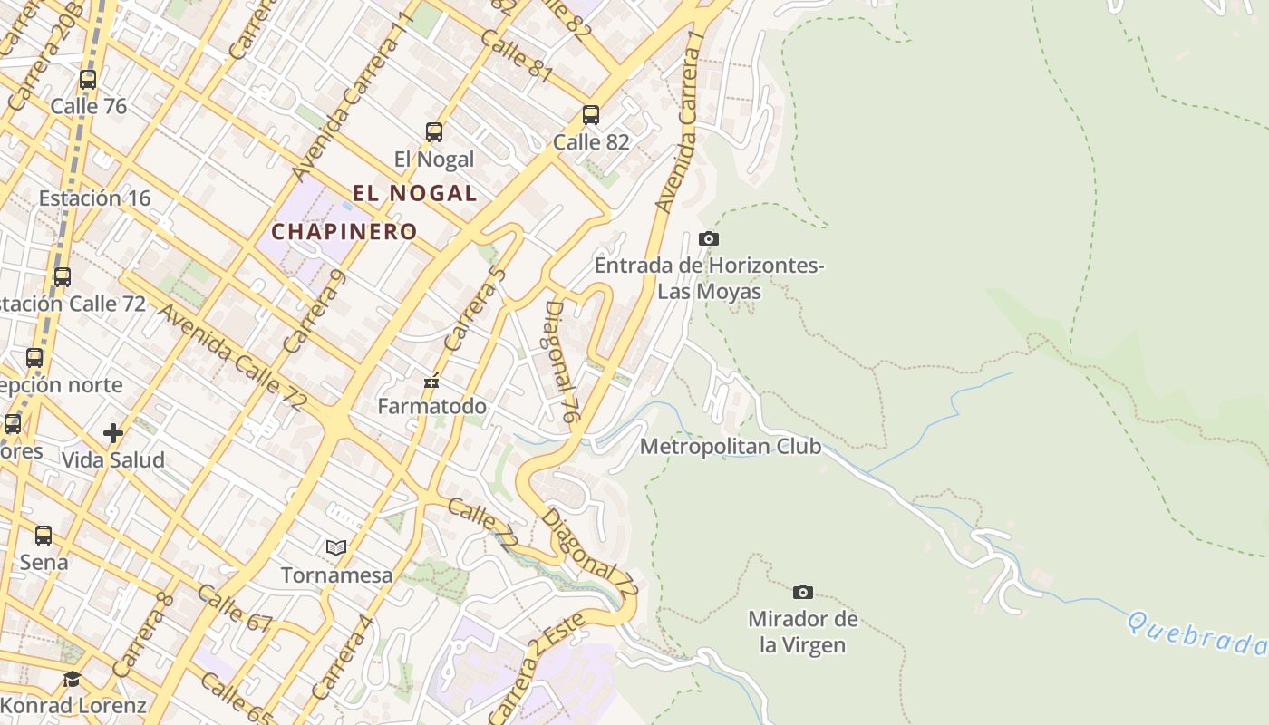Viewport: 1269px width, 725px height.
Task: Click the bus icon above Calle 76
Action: tap(88, 80)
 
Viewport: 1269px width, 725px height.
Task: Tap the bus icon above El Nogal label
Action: tap(434, 132)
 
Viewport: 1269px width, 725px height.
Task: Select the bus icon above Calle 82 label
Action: tap(591, 115)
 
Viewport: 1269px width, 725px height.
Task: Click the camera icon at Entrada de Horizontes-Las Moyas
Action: tap(709, 239)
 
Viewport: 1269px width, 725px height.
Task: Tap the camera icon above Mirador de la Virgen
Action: tap(802, 593)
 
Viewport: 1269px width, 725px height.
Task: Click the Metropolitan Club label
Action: tap(730, 447)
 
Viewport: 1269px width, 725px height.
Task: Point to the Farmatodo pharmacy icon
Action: tap(431, 381)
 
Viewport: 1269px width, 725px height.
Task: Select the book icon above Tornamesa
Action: tap(336, 547)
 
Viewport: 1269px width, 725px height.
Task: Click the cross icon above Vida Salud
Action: tap(113, 433)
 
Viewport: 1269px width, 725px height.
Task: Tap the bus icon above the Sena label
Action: tap(44, 536)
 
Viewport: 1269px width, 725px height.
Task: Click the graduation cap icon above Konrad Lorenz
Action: tap(72, 680)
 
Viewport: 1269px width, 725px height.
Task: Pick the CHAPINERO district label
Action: tap(344, 231)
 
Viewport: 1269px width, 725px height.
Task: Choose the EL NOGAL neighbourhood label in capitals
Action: tap(414, 193)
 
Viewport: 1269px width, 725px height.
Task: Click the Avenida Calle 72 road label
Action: tap(230, 358)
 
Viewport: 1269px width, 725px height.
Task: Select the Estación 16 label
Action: tap(94, 198)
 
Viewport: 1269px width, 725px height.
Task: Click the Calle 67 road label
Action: tap(234, 608)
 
